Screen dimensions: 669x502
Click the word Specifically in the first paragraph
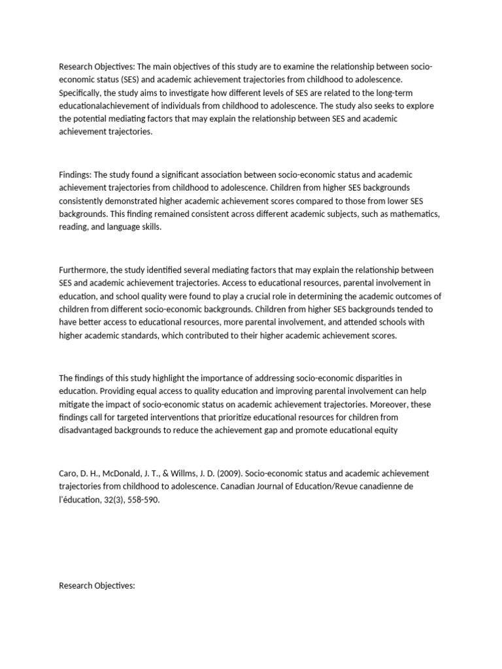tap(80, 93)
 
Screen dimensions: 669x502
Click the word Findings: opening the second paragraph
tap(76, 175)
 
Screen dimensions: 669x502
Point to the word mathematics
tap(414, 214)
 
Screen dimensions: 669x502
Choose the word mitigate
tap(76, 403)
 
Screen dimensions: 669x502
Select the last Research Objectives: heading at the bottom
tap(97, 567)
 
